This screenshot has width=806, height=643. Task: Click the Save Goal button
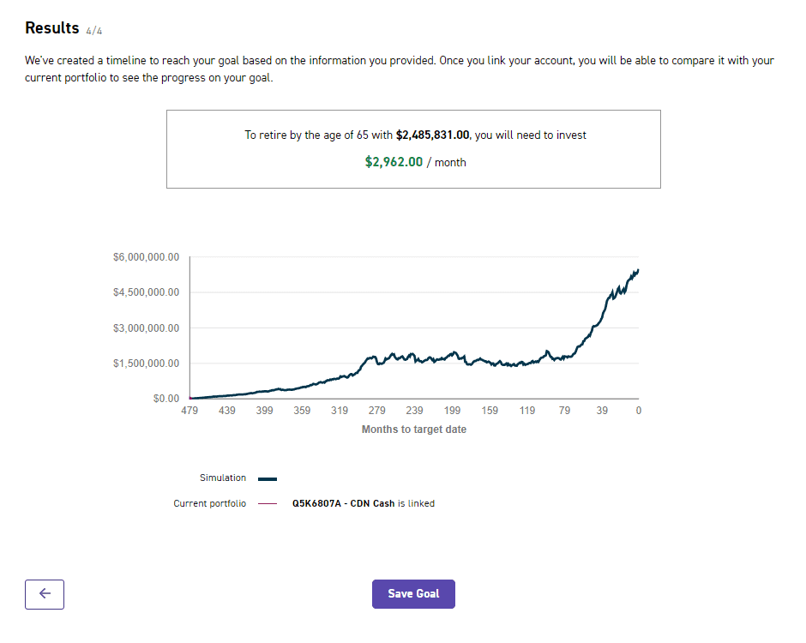413,594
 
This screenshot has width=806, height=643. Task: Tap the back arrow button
45,594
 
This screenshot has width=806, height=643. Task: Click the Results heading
51,28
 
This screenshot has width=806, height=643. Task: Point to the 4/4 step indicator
94,31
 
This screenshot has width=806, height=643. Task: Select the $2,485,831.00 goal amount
433,135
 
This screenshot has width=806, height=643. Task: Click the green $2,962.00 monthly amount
394,161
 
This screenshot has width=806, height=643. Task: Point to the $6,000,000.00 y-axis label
146,257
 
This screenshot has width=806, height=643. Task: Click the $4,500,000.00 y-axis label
146,292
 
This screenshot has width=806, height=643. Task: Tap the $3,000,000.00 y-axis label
146,328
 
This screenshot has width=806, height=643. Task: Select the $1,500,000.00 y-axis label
146,364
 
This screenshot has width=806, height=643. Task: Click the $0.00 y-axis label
165,399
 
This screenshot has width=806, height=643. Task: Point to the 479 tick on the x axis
189,412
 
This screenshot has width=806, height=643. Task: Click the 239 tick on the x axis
414,412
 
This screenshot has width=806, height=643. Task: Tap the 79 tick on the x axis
564,412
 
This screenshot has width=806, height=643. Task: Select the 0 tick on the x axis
638,412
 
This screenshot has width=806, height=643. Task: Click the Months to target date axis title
414,430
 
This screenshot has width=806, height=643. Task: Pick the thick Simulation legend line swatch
268,479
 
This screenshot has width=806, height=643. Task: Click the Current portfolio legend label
209,504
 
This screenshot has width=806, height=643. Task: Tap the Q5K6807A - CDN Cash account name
343,504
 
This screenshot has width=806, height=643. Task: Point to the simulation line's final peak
637,270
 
